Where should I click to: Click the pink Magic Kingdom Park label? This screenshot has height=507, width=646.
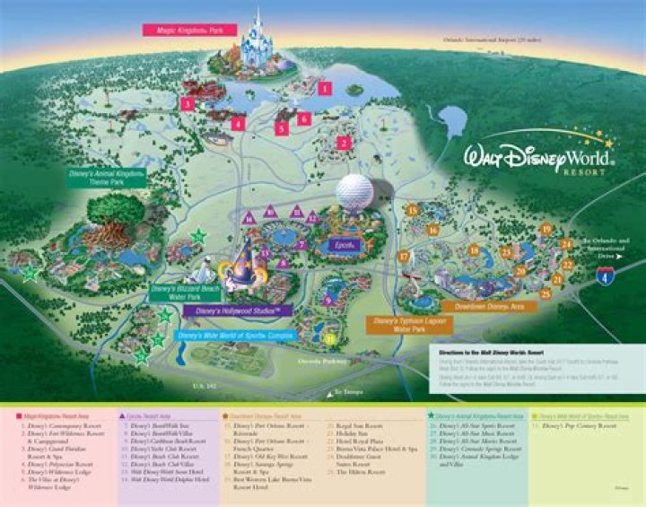point(188,30)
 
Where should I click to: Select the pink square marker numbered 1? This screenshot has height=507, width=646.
point(324,88)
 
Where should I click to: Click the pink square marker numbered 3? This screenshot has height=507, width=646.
point(187,104)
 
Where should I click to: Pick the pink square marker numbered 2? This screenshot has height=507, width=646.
point(343,142)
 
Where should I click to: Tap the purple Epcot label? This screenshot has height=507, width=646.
point(345,244)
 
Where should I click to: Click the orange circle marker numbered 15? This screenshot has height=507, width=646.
point(413,210)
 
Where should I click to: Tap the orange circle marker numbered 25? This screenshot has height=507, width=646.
point(545,293)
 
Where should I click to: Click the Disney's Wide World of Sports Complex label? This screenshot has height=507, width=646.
point(236,336)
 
